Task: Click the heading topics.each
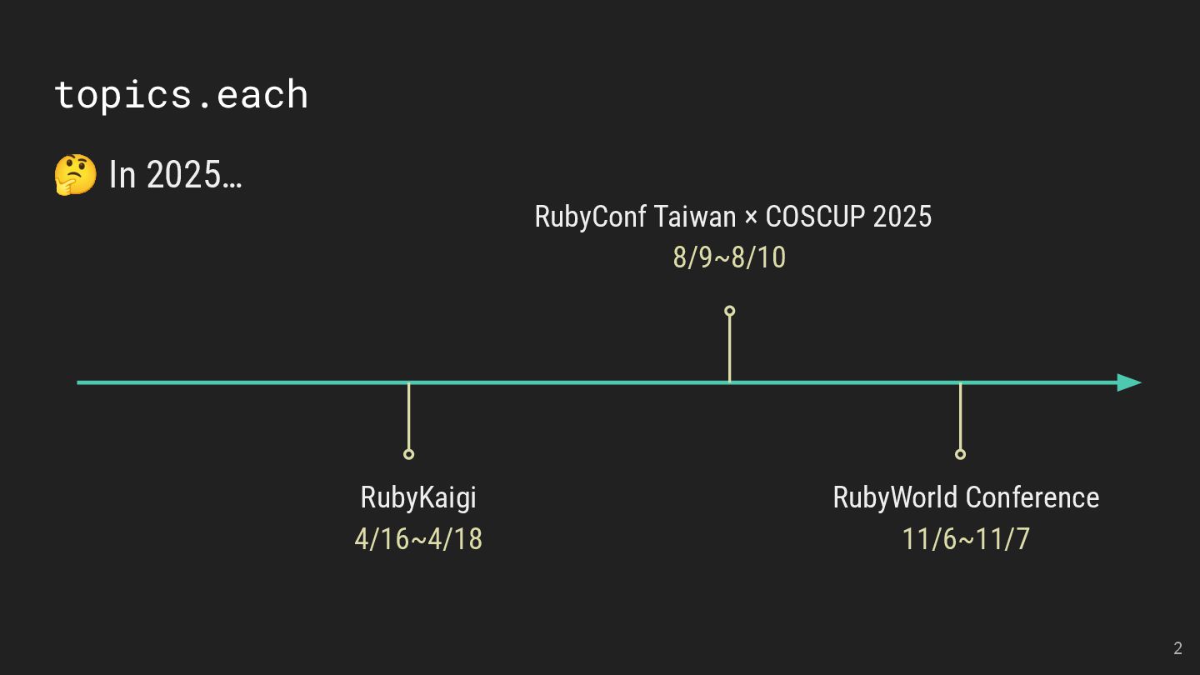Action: (181, 94)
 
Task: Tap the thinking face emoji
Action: (75, 175)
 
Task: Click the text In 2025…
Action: (176, 175)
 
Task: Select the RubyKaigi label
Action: (418, 497)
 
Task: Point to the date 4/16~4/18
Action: (418, 539)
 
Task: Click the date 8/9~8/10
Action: (729, 257)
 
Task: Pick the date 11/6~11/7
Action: (966, 539)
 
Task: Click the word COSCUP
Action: (815, 217)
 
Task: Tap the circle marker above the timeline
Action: (729, 311)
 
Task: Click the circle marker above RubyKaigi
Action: (408, 454)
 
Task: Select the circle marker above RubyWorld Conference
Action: (960, 454)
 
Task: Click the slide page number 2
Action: (1177, 648)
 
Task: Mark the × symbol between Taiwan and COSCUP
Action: (751, 217)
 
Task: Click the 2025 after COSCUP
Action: (902, 217)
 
